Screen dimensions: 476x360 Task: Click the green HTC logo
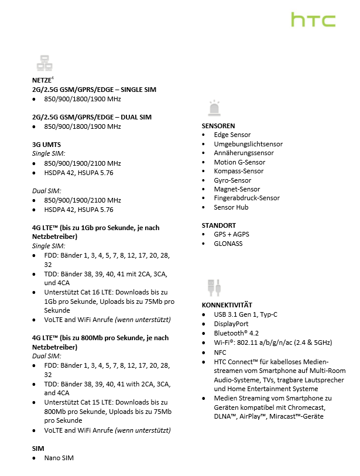pos(313,20)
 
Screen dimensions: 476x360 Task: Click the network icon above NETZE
pos(44,63)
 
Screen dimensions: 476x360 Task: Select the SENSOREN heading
pos(218,126)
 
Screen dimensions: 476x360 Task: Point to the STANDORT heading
pos(219,225)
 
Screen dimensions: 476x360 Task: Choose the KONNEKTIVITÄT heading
pos(227,305)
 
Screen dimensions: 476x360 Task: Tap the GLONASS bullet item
pos(228,244)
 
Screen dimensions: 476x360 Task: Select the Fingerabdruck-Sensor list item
pos(246,198)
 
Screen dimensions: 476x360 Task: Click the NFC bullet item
pos(220,353)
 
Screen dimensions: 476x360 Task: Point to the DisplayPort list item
pos(231,323)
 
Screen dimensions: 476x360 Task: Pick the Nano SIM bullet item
pos(59,458)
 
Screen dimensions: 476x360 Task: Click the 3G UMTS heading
pos(46,144)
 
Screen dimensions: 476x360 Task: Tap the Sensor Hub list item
pos(231,207)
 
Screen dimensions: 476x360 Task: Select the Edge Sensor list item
pos(232,135)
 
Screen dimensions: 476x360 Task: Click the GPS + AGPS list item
pos(231,234)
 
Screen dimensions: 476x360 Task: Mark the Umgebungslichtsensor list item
pos(248,144)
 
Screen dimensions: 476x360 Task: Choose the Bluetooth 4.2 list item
pos(235,333)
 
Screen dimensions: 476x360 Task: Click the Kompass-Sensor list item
pos(238,171)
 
